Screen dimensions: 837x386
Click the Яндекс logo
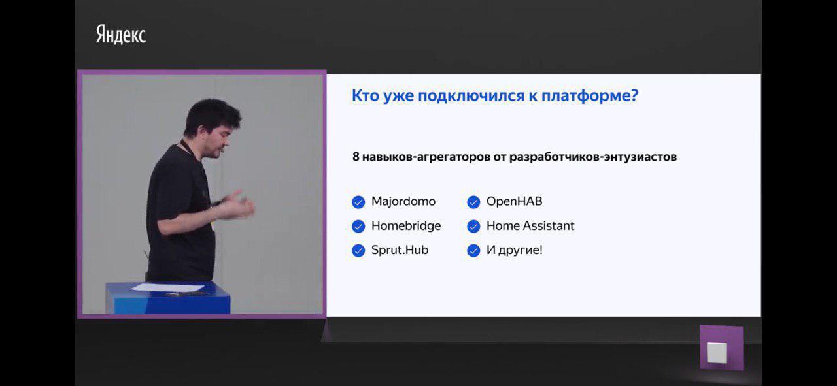[121, 35]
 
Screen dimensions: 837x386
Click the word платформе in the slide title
[590, 96]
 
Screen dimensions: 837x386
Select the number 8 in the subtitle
[356, 157]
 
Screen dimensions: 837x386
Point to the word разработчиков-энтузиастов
[593, 157]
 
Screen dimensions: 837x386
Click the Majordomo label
[403, 202]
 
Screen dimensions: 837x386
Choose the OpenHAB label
[514, 202]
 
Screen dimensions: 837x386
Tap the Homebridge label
[406, 226]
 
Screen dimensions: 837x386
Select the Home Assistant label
[530, 226]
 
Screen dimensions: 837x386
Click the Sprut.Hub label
[400, 250]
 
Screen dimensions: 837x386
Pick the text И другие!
[514, 250]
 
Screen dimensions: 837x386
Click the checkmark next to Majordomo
[358, 202]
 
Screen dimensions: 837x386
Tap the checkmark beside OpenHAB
[473, 202]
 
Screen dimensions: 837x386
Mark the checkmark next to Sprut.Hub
[358, 251]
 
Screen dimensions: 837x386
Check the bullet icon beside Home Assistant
[473, 226]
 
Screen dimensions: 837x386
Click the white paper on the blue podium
[167, 287]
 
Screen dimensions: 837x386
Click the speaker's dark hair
[211, 114]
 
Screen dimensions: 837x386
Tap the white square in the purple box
[717, 352]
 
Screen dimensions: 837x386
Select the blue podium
[168, 298]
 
